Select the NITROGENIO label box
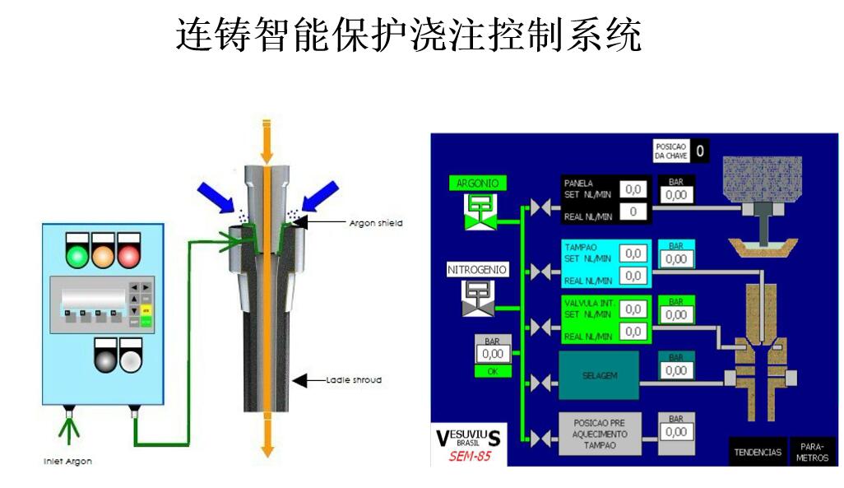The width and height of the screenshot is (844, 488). point(478,269)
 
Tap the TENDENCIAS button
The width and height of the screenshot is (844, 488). point(758,452)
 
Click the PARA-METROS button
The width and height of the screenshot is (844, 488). point(812,452)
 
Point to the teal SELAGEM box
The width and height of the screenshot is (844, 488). point(598,375)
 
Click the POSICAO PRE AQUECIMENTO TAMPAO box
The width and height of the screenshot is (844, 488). point(600,434)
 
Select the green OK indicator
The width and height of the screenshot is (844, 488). point(493,371)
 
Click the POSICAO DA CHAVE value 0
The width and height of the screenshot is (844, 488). point(699,151)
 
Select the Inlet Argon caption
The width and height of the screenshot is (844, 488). point(67,462)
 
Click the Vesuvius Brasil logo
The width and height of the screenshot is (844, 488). point(467,439)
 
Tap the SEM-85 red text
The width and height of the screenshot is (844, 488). point(470,456)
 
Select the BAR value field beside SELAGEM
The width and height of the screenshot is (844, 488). point(676,370)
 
